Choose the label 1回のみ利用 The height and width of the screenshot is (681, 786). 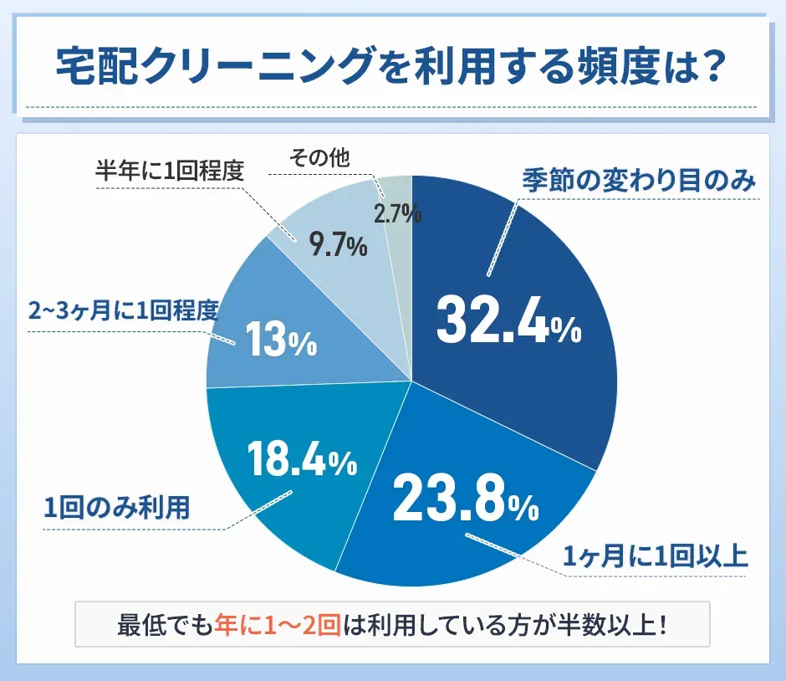[x=116, y=507]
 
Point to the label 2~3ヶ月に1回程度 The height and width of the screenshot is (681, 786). [x=123, y=311]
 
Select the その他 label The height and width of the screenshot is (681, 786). [x=319, y=156]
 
